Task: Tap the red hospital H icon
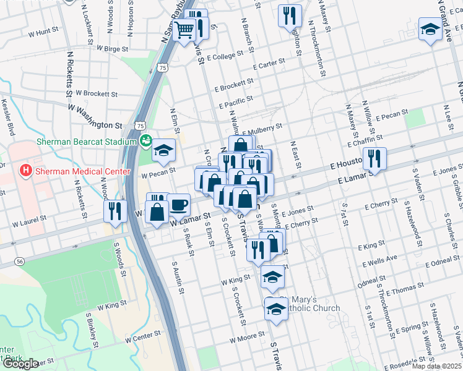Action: (x=26, y=170)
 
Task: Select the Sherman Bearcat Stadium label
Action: (x=86, y=142)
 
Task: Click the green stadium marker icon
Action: (x=146, y=140)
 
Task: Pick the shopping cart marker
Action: (x=184, y=29)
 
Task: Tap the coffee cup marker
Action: (x=178, y=203)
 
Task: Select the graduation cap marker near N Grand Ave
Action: (x=430, y=29)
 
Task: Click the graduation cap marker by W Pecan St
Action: (x=164, y=150)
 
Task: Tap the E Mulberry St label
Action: (x=262, y=129)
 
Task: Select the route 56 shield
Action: (x=21, y=262)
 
